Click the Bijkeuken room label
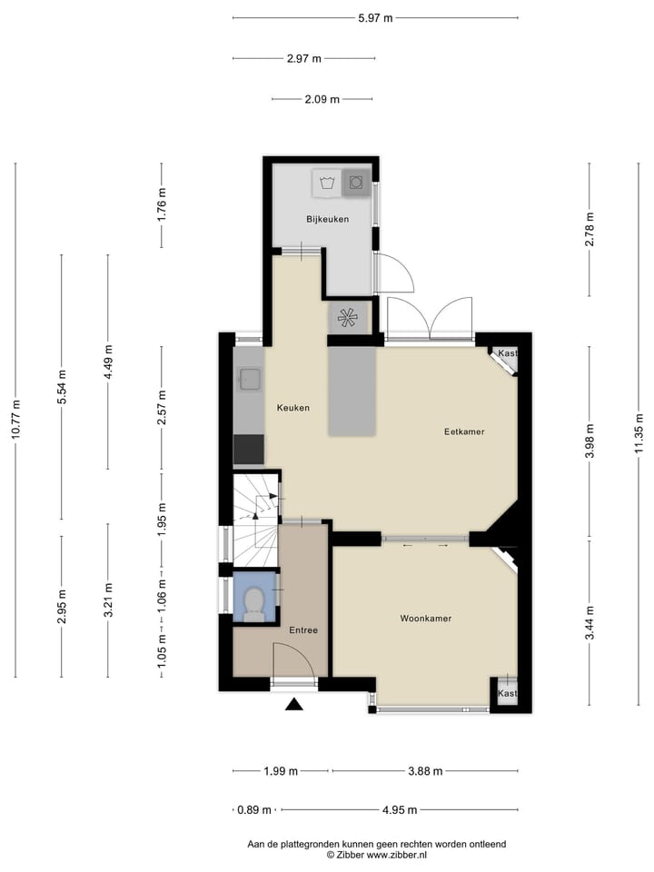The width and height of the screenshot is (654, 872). point(327,219)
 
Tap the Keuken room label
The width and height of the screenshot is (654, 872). point(293,408)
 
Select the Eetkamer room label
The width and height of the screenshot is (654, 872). point(463,431)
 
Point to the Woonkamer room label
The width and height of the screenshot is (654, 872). point(426,619)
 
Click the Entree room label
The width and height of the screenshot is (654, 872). point(303,630)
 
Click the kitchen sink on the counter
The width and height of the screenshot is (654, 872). point(249,380)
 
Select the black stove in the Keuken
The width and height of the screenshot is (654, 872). point(249,450)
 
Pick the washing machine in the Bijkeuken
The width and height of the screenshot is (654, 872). point(357,183)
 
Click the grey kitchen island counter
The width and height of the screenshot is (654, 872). point(352,391)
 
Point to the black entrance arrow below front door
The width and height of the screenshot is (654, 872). point(293,704)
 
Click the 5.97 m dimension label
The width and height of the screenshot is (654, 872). point(375,18)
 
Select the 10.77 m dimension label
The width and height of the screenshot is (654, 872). point(15,421)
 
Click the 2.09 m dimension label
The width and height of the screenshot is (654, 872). point(322,100)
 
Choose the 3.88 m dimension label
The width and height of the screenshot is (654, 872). point(424,772)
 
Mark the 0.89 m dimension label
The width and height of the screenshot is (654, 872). point(254,810)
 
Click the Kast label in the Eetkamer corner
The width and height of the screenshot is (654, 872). point(507,353)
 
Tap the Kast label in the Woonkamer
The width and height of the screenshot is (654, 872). point(507,693)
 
